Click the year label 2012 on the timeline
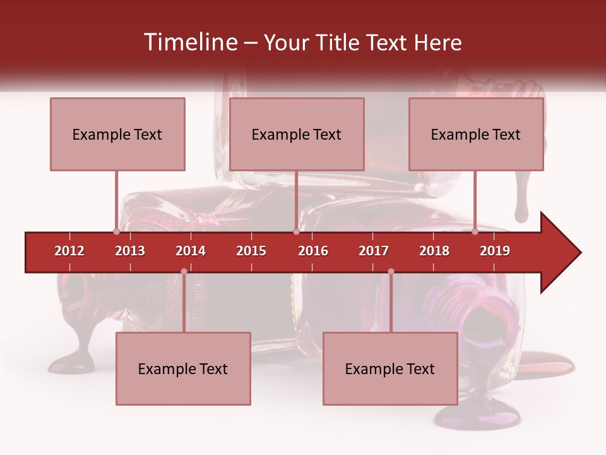pos(69,251)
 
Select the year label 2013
pos(130,251)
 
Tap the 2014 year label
pos(191,251)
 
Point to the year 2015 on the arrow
pos(251,251)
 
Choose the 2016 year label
pos(313,251)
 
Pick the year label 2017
pos(374,251)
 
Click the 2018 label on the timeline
pos(434,251)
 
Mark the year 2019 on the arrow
pos(495,251)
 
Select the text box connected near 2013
pos(117,134)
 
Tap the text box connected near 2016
pos(297,134)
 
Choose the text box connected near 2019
pos(476,134)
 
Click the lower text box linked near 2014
pos(183,368)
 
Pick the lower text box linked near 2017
pos(390,368)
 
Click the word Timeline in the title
pos(189,42)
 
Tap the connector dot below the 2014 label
pos(184,271)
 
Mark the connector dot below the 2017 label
pos(391,271)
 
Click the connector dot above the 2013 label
pos(116,232)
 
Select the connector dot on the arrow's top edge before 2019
pos(475,232)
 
